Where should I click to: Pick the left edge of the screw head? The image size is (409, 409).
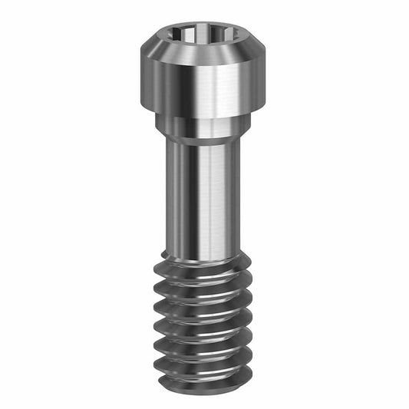pos(142,81)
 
